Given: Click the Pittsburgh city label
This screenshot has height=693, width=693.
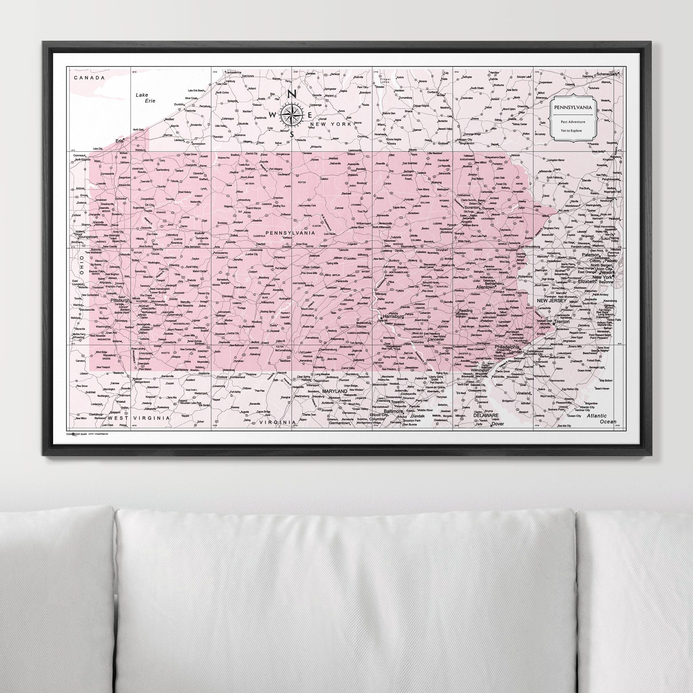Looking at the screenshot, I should click(x=120, y=300).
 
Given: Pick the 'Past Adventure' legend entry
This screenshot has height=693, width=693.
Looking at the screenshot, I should click(x=573, y=122).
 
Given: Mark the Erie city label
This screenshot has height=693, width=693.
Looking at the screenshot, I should click(x=119, y=141).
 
